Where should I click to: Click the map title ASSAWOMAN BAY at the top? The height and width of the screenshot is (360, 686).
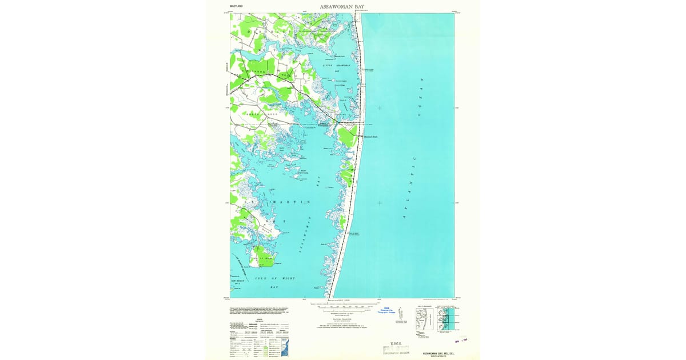[x=343, y=7]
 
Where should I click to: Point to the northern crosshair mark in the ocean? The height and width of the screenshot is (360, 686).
[x=380, y=107]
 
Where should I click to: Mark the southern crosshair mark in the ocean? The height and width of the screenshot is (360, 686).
[x=380, y=203]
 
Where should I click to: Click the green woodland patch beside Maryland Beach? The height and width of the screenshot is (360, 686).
[x=347, y=135]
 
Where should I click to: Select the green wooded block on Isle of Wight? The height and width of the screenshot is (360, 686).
[x=263, y=257]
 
